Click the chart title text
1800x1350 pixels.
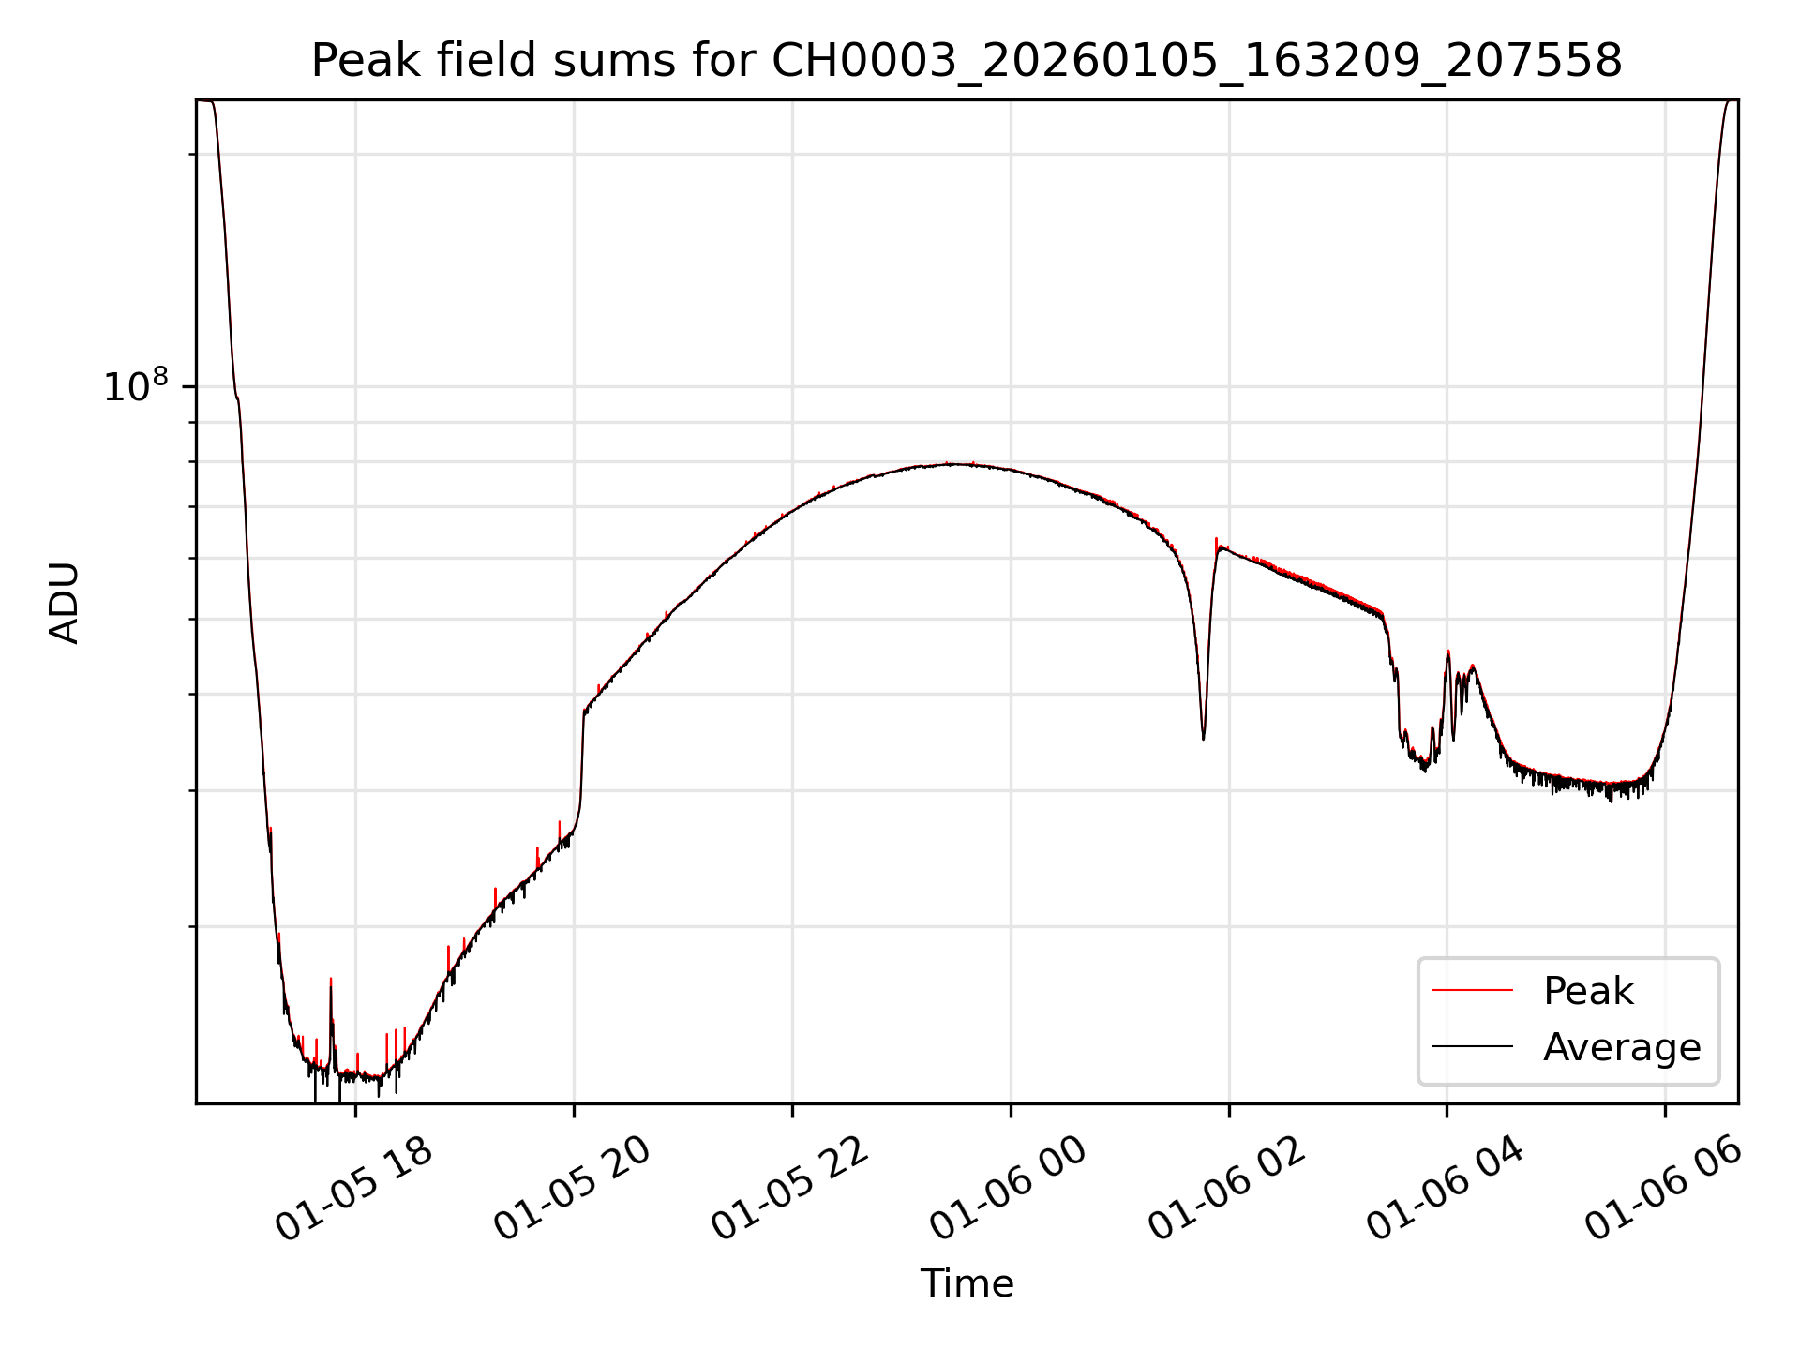coord(966,62)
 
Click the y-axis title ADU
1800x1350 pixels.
coord(65,602)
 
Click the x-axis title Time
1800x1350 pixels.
coord(967,1283)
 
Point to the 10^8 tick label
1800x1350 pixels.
coord(135,386)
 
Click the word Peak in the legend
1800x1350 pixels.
coord(1588,991)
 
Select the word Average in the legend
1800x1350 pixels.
coord(1622,1046)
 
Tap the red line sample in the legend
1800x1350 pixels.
coord(1472,990)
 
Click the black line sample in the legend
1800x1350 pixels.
coord(1472,1046)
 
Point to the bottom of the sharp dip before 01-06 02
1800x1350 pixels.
coord(1204,738)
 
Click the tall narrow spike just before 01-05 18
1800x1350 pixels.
coord(331,981)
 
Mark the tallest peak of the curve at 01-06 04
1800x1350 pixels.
coord(1448,652)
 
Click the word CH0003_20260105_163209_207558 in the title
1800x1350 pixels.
coord(1196,62)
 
